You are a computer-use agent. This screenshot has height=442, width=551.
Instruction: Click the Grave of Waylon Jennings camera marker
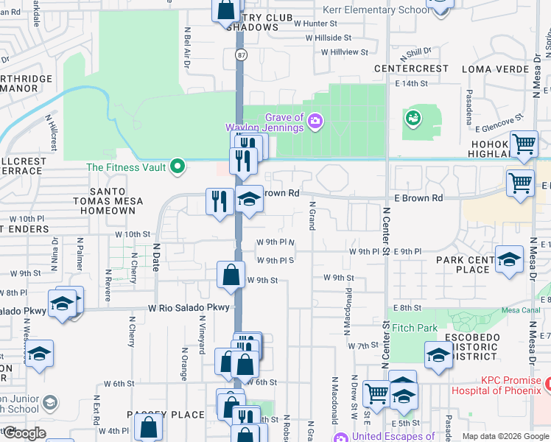pos(315,120)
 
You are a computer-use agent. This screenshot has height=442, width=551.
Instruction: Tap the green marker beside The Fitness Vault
pos(177,167)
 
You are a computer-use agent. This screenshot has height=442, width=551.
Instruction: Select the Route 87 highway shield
pos(241,55)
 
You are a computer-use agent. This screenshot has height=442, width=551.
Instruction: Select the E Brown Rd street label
pos(418,198)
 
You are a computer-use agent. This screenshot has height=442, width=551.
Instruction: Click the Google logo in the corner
pos(24,432)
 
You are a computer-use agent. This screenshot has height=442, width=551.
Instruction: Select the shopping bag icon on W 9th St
pos(231,275)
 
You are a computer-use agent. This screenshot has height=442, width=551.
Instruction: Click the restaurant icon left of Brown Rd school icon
pos(219,201)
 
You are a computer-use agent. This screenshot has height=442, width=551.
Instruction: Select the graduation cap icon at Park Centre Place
pos(509,259)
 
